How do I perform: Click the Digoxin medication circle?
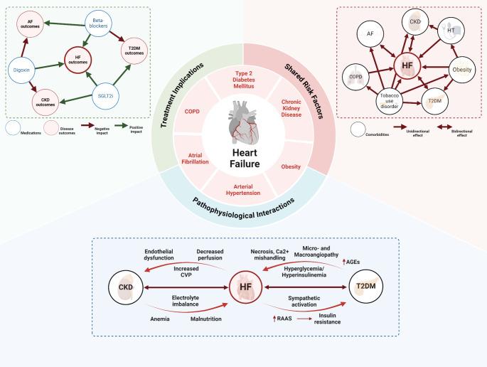(x=21, y=70)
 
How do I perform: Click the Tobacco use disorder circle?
(x=391, y=105)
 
